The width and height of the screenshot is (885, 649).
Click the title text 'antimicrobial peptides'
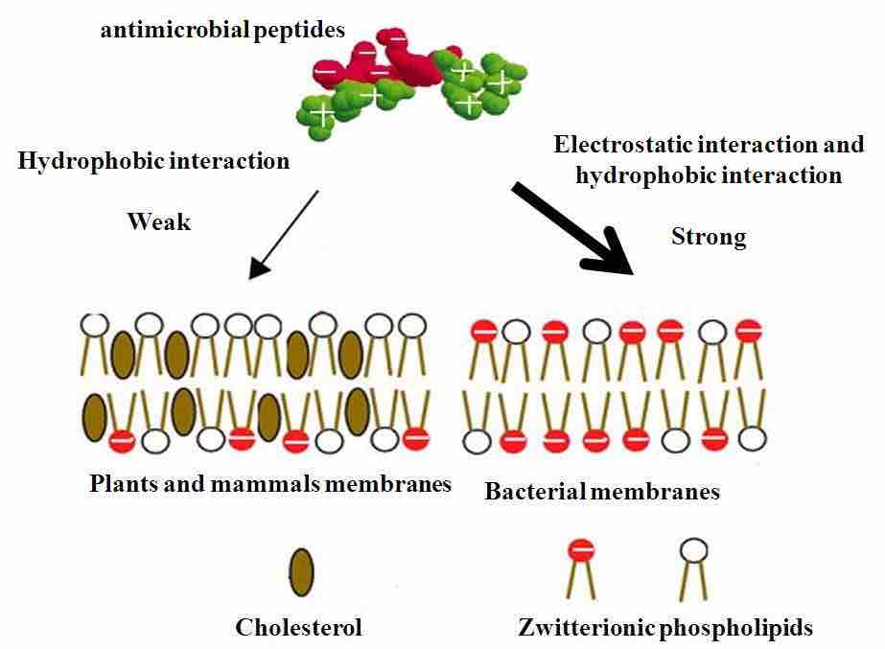click(x=222, y=30)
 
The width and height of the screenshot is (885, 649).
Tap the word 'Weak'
click(x=159, y=222)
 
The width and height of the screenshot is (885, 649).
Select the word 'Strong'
click(x=709, y=237)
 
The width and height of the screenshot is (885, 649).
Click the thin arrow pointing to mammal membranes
click(x=284, y=233)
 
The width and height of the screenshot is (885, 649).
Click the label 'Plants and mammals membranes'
click(x=269, y=483)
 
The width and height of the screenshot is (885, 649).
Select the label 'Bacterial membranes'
click(x=602, y=492)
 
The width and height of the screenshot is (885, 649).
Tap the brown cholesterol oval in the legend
click(x=301, y=572)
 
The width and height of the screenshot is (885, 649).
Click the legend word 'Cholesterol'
click(x=299, y=628)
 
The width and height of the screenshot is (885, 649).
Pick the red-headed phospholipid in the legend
click(x=581, y=550)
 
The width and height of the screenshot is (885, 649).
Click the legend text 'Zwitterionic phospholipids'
click(x=664, y=628)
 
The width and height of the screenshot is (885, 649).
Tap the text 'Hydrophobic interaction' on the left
click(x=153, y=160)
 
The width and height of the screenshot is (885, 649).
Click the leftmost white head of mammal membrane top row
click(x=93, y=325)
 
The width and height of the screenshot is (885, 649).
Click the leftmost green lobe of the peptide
click(x=323, y=114)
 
